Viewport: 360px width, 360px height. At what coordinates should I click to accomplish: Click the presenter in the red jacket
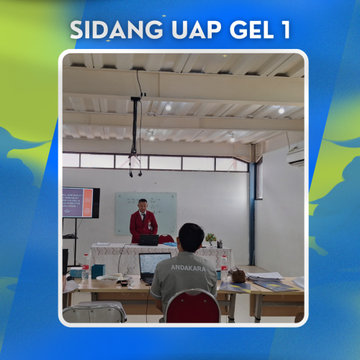click(143, 222)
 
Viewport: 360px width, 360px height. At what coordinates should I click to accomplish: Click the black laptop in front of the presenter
click(149, 240)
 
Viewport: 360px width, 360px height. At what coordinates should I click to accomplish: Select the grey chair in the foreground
click(94, 312)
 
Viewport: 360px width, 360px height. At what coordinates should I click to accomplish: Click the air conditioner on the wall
click(295, 156)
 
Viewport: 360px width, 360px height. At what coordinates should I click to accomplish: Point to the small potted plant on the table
click(210, 238)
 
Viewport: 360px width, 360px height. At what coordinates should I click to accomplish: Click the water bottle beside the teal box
click(86, 266)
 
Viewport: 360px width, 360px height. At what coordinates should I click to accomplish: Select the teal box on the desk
click(97, 271)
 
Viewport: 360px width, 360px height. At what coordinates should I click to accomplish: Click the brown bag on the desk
click(237, 275)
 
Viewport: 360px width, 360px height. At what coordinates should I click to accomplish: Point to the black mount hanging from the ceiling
click(135, 130)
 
